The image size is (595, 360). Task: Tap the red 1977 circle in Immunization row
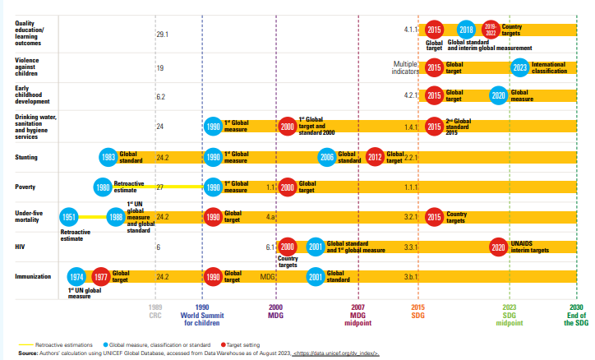pyautogui.click(x=101, y=277)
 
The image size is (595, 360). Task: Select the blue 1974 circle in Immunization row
pyautogui.click(x=76, y=277)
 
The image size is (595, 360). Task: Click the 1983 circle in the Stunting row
pyautogui.click(x=107, y=156)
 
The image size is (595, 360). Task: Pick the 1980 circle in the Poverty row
pyautogui.click(x=102, y=187)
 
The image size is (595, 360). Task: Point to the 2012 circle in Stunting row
pyautogui.click(x=376, y=156)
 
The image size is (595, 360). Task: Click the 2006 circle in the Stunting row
pyautogui.click(x=326, y=156)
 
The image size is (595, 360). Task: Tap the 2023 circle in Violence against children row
pyautogui.click(x=519, y=67)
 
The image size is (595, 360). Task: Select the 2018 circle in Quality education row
pyautogui.click(x=466, y=30)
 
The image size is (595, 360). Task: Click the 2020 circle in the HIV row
pyautogui.click(x=497, y=247)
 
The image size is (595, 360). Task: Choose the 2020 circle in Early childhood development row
pyautogui.click(x=498, y=95)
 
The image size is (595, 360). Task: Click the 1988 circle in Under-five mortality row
pyautogui.click(x=116, y=217)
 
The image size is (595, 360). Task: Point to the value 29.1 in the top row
pyautogui.click(x=162, y=35)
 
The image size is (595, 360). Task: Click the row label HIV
pyautogui.click(x=21, y=247)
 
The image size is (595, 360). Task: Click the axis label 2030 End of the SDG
pyautogui.click(x=577, y=315)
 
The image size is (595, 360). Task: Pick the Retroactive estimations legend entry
pyautogui.click(x=52, y=345)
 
